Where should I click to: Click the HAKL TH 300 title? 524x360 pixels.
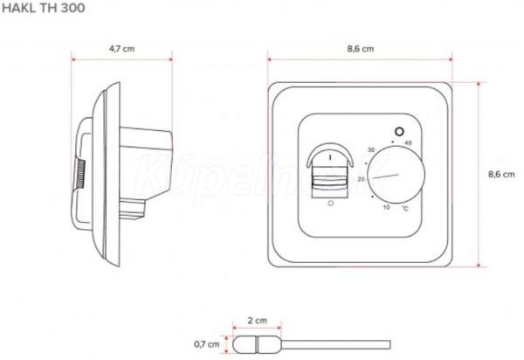point(43,8)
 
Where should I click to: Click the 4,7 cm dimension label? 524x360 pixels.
point(122,49)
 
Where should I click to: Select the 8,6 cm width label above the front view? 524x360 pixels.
point(361,49)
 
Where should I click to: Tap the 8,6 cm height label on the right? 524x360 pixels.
point(501,174)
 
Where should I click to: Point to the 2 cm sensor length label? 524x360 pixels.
point(258,321)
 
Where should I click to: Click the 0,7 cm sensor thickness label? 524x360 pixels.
point(207,344)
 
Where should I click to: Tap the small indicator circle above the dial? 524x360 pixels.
point(399,132)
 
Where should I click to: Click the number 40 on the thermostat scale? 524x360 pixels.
point(408,143)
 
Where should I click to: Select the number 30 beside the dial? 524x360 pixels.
point(371,149)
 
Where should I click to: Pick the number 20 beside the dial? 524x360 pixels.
point(362,179)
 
